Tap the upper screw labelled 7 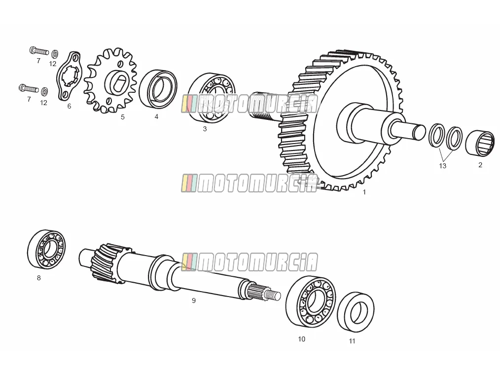click(x=39, y=50)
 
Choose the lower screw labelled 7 click(x=29, y=88)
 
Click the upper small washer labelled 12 click(x=55, y=53)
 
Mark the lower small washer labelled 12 click(x=45, y=92)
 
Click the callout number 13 click(x=442, y=166)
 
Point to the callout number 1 click(x=364, y=192)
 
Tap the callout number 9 click(x=194, y=300)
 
